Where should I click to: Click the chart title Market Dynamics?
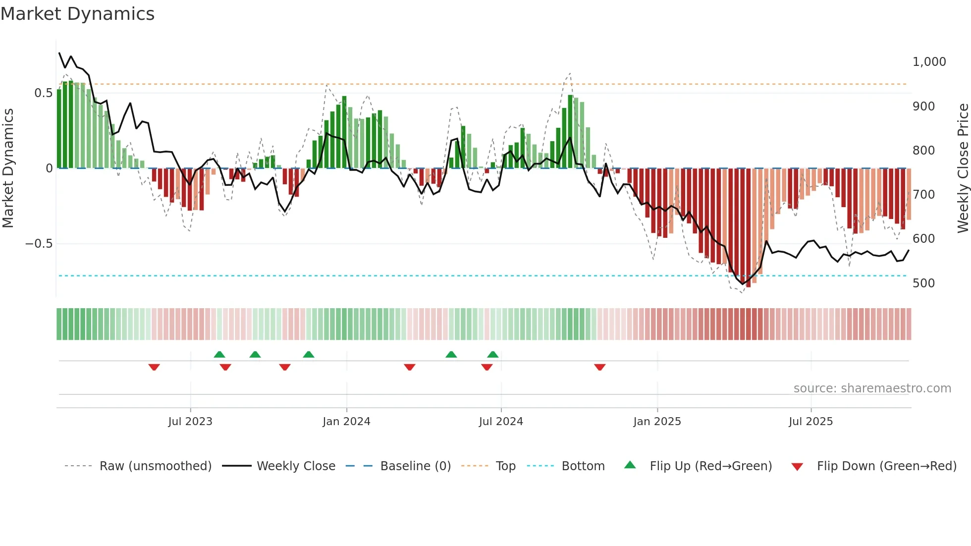pos(77,14)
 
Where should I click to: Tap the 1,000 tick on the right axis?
pos(929,62)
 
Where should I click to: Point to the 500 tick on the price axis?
pos(923,283)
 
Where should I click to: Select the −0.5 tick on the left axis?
pos(39,244)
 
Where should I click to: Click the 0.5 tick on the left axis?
pos(43,93)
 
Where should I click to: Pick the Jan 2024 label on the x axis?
pos(346,422)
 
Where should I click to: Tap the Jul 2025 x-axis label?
pos(810,422)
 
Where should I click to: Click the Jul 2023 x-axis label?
pos(190,422)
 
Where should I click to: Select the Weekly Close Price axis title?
pos(963,168)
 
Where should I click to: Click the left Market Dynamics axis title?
pos(8,168)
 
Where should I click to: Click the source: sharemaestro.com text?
pos(872,388)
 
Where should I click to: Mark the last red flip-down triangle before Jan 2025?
pos(599,367)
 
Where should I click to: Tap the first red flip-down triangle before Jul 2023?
pos(154,367)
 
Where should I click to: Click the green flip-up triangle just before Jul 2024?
pos(492,354)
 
